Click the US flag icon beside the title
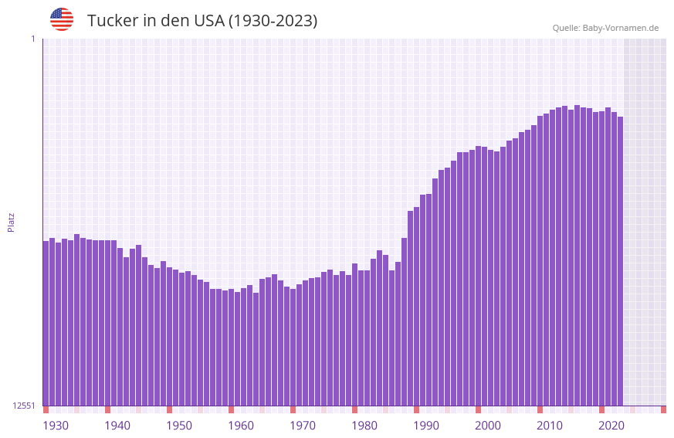coord(62,19)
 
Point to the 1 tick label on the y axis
coord(32,39)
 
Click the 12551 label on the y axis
coord(25,406)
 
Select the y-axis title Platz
coord(11,222)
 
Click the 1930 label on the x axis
coord(56,426)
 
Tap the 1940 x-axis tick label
coord(117,426)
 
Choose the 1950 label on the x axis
coord(179,426)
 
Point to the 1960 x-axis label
coord(241,426)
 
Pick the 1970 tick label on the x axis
coord(303,426)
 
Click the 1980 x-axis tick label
coord(364,426)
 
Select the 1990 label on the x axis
coord(426,426)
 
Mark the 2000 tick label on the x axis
coord(488,426)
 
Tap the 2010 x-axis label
coord(550,426)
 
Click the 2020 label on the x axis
coord(611,426)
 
